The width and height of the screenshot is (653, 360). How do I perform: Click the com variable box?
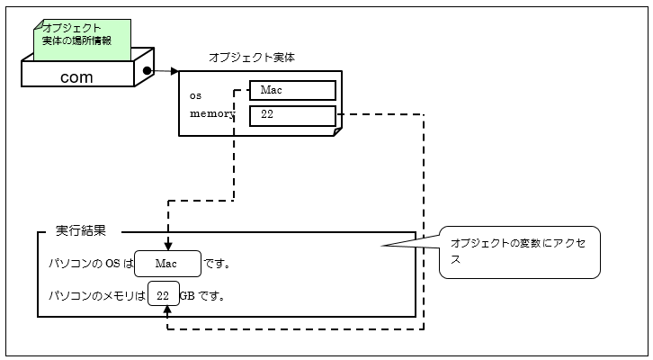77,76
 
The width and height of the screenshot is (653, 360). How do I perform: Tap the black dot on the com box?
146,68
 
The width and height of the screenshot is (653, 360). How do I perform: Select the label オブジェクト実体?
252,57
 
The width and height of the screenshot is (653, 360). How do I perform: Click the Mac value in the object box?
292,90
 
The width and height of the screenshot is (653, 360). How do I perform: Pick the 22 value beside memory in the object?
292,115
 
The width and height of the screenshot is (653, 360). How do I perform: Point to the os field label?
195,94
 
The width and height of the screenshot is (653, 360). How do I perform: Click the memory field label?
211,114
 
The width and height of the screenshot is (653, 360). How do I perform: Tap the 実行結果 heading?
81,230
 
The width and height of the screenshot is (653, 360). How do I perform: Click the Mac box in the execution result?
167,264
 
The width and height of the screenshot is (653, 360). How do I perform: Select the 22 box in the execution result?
163,295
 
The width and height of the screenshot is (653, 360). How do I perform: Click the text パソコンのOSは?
90,264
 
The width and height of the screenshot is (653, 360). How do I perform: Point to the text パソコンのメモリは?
97,295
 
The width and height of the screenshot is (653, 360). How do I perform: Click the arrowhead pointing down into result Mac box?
168,246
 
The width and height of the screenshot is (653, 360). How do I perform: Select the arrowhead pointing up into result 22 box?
168,311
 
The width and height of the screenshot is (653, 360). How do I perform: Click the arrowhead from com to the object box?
174,69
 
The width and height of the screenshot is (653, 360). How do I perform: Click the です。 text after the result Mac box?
218,264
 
